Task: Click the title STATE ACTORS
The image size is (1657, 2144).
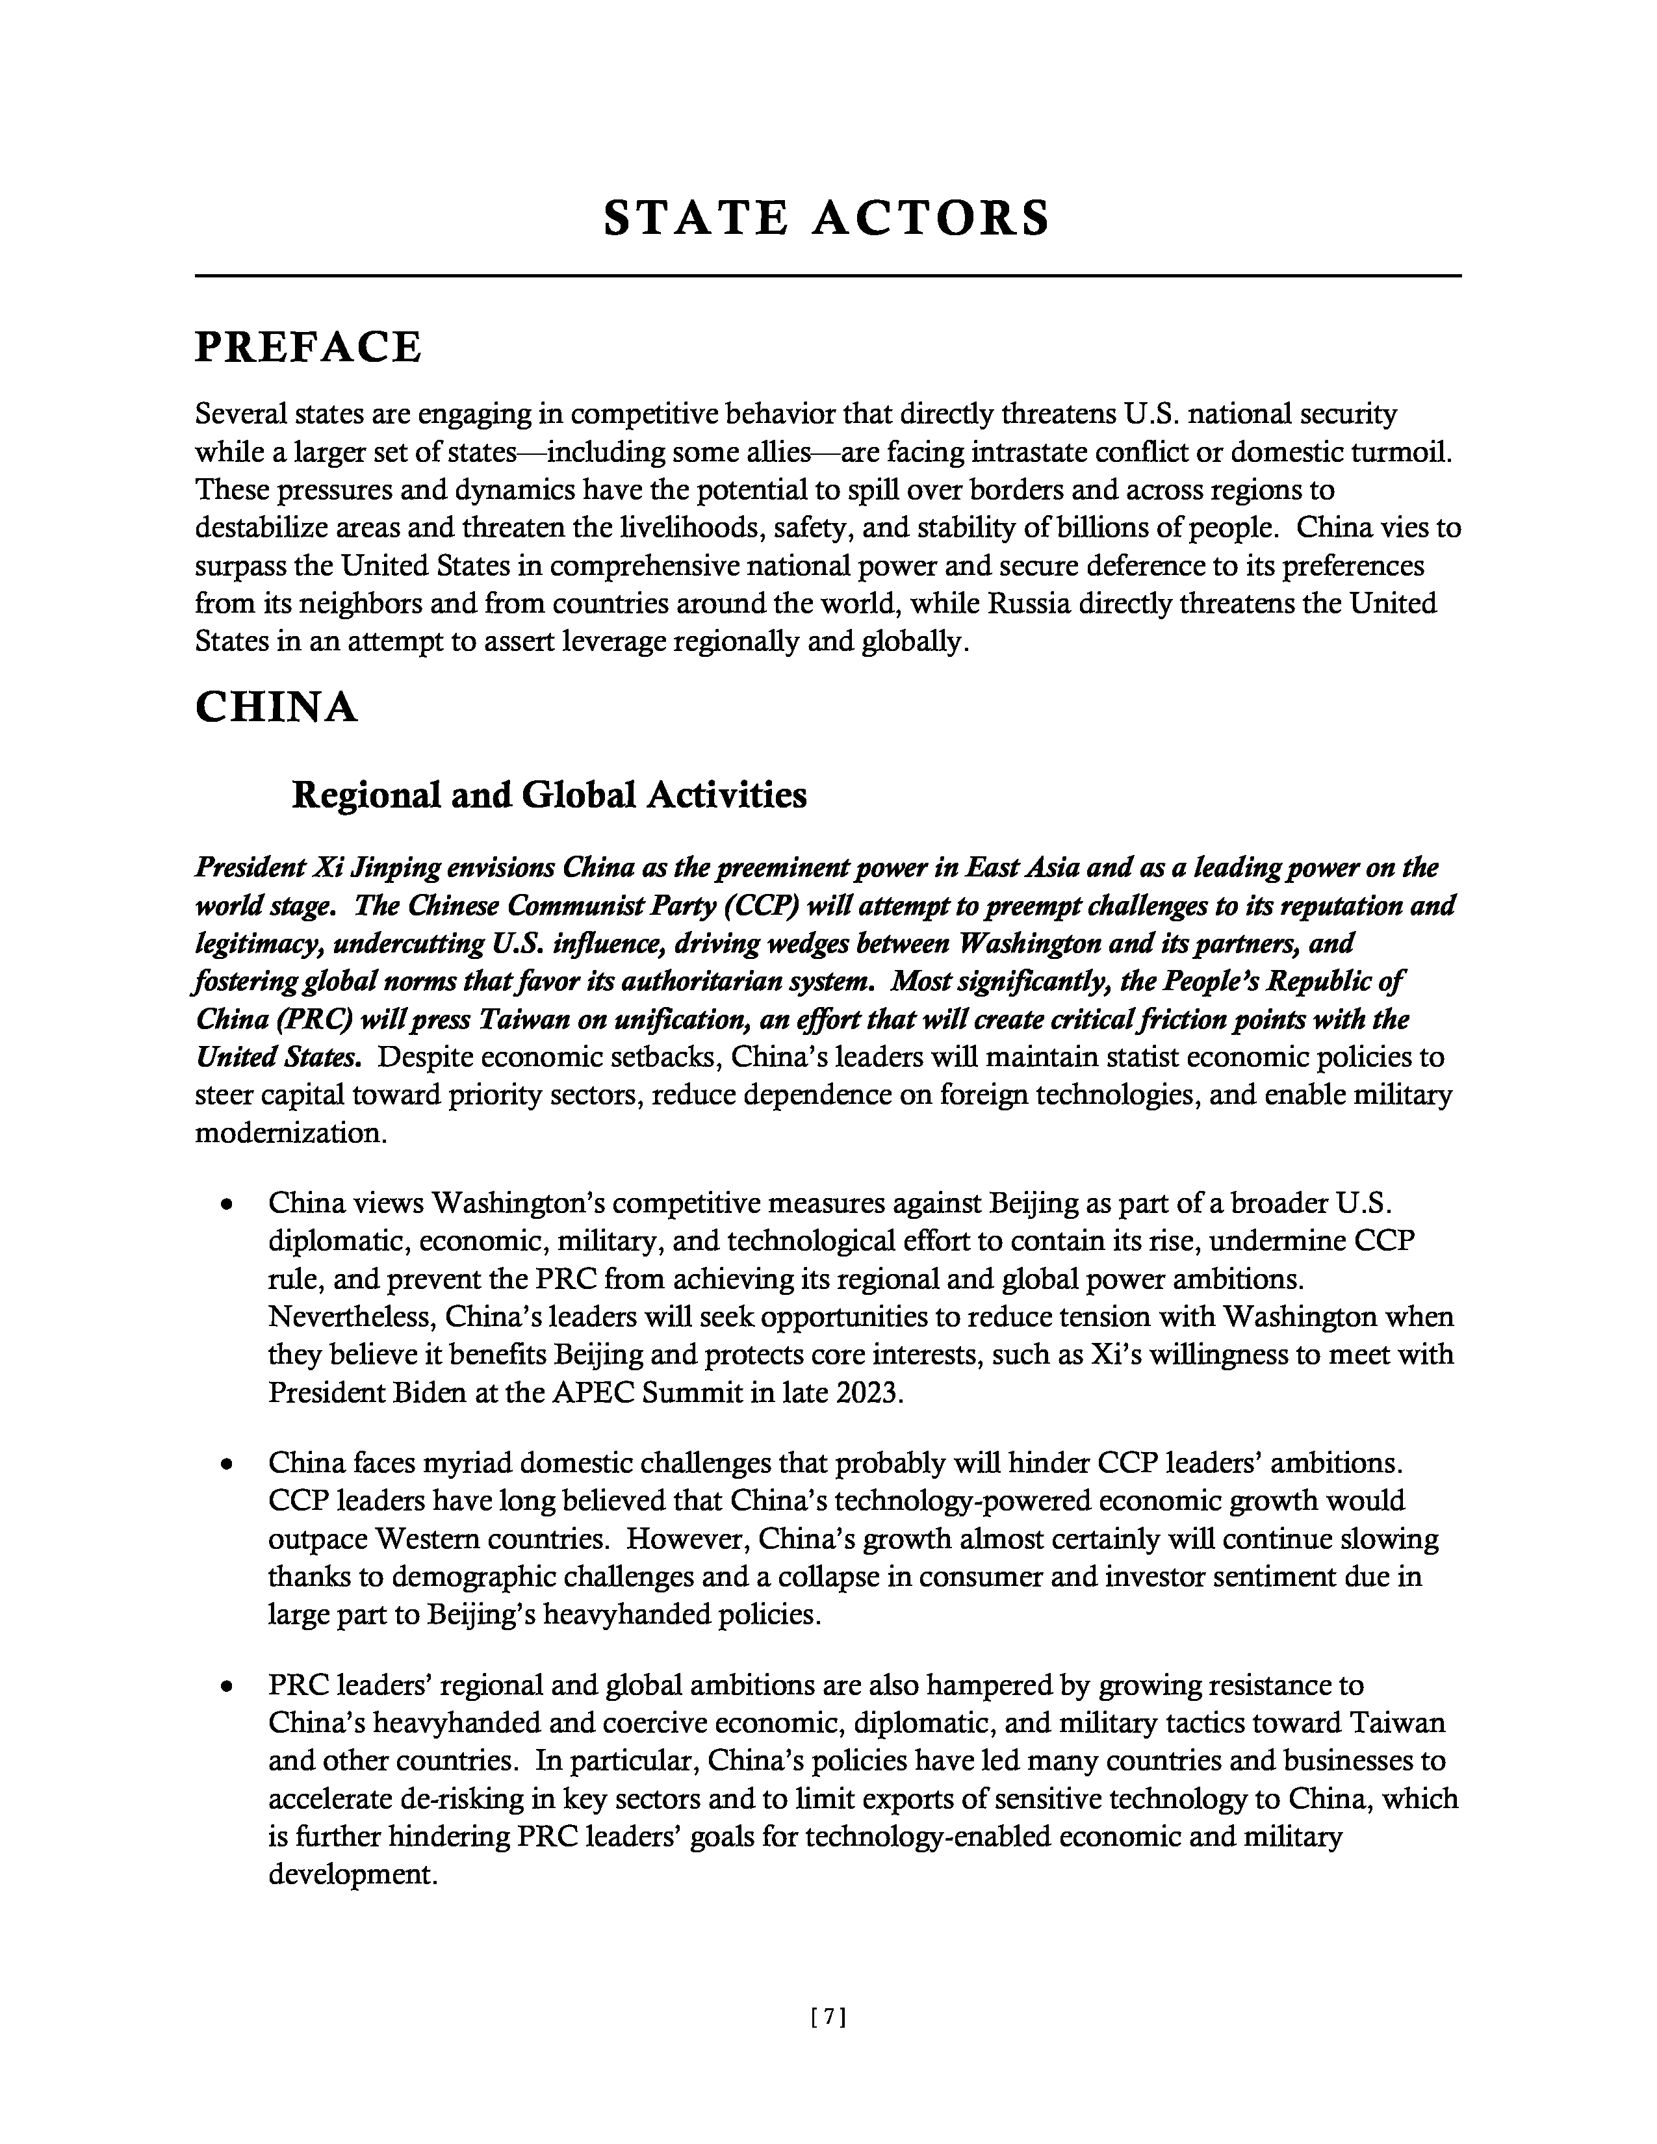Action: pyautogui.click(x=827, y=218)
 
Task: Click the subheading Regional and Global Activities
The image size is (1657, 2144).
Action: pyautogui.click(x=548, y=794)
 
